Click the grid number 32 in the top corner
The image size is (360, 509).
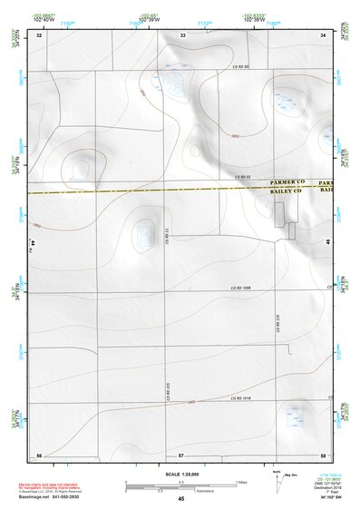pyautogui.click(x=39, y=35)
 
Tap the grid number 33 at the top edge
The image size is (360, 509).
pyautogui.click(x=182, y=35)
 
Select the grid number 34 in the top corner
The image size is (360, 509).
pyautogui.click(x=323, y=35)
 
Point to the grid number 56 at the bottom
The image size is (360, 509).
pyautogui.click(x=39, y=454)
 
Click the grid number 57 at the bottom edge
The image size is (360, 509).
pyautogui.click(x=181, y=454)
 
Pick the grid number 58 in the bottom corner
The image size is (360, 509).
pyautogui.click(x=323, y=454)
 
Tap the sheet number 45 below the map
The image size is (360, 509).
pyautogui.click(x=181, y=499)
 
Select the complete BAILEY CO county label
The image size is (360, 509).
pyautogui.click(x=288, y=193)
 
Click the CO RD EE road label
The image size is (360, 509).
pyautogui.click(x=241, y=177)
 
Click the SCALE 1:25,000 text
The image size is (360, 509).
pyautogui.click(x=178, y=474)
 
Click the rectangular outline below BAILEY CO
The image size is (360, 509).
pyautogui.click(x=286, y=216)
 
